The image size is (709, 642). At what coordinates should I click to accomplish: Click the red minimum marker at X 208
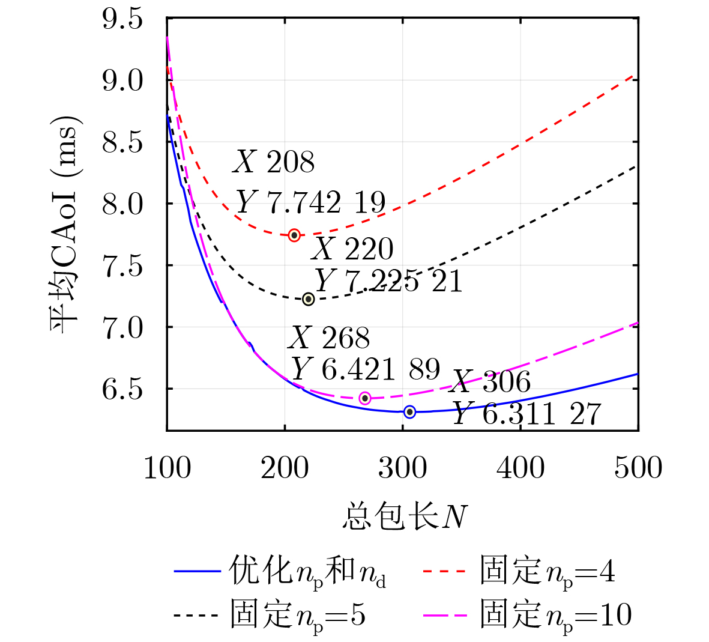coord(294,235)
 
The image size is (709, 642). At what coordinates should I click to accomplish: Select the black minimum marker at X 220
coord(309,299)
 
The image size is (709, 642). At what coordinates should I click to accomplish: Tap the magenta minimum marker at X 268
coord(365,398)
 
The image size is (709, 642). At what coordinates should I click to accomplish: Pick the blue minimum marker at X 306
coord(410,412)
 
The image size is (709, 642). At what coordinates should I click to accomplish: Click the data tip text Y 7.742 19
coord(310,202)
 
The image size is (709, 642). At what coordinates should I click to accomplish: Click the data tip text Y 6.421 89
coord(366,369)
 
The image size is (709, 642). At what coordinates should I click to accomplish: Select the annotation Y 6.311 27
coord(526,414)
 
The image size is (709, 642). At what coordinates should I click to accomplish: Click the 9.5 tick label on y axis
coord(122,19)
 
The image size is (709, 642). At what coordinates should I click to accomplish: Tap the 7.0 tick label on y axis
coord(122,328)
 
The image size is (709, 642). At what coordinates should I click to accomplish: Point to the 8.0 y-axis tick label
coord(122,204)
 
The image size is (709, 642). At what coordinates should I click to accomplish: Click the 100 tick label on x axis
coord(167,467)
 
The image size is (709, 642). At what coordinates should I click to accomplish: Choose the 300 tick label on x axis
coord(402,467)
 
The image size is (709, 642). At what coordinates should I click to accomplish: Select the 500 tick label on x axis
coord(638,467)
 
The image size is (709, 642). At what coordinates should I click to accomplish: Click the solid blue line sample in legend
coord(198,571)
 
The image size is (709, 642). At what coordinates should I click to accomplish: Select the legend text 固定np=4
coord(548,571)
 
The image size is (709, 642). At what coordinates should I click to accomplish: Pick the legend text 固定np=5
coord(298,616)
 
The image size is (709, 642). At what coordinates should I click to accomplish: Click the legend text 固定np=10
coord(556,616)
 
